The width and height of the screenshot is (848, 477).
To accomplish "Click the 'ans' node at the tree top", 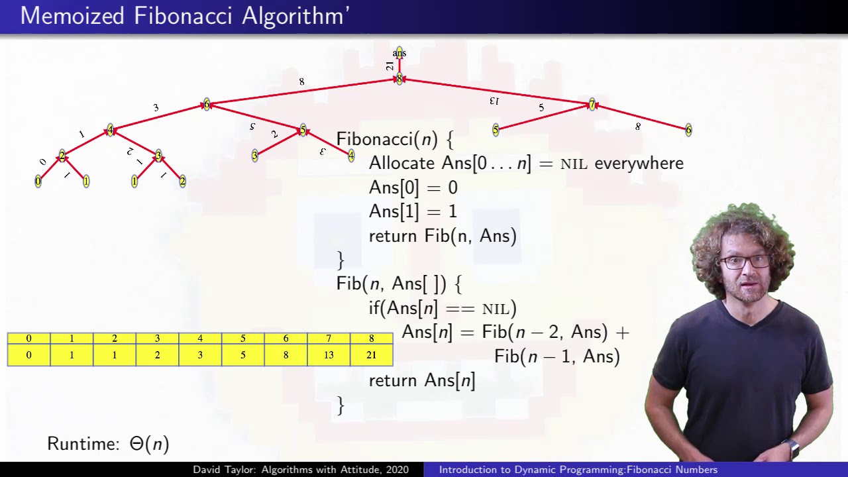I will point(399,53).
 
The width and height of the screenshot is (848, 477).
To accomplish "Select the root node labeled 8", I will point(399,79).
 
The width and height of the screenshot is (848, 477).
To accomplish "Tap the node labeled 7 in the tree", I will point(592,105).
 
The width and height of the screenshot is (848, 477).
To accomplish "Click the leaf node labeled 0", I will point(38,181).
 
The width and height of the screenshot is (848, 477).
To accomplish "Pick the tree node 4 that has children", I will point(110,131).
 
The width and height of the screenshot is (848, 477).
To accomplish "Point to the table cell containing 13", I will point(329,355).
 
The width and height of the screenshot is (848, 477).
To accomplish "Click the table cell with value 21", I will point(371,355).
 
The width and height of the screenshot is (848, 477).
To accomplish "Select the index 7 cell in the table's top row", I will point(329,339).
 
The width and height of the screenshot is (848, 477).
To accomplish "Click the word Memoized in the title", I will point(72,16).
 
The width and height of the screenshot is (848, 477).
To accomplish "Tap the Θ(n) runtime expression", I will point(149,443).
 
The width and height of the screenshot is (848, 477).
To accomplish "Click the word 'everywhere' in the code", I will point(639,163).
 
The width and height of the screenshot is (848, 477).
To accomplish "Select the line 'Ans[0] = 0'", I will point(413,187).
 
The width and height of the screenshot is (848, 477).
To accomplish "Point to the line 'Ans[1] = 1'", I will point(413,211).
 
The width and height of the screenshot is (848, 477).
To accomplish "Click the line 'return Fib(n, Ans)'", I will point(442,236).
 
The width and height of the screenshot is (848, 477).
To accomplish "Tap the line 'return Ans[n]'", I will point(421,380).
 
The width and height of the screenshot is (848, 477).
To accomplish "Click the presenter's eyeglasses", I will point(745,261).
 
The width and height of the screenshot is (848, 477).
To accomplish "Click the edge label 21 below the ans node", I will point(390,66).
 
